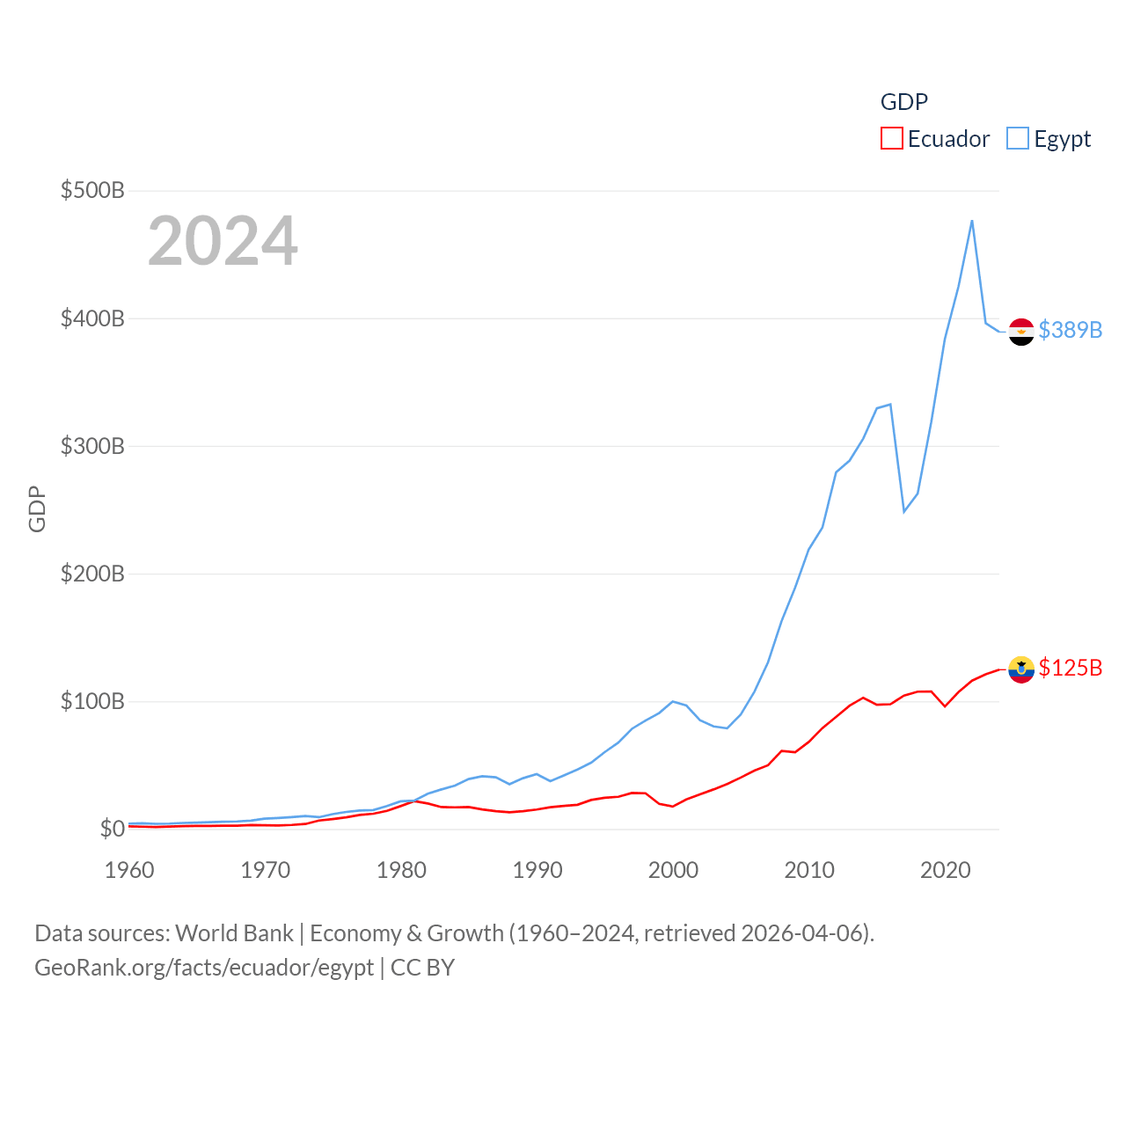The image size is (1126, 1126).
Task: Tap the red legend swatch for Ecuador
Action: (891, 139)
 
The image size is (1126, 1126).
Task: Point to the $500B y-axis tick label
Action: (92, 190)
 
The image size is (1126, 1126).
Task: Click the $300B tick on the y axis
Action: (92, 446)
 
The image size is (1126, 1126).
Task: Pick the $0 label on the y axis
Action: (112, 829)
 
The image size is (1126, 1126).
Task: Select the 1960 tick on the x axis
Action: (129, 870)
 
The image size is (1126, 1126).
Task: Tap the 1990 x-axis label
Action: (537, 870)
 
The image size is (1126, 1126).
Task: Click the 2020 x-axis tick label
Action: (946, 870)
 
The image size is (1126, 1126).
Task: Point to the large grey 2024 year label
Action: (223, 241)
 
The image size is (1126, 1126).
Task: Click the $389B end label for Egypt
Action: (1070, 330)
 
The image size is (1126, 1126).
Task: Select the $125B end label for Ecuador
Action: (1070, 668)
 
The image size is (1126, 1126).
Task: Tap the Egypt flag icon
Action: (1021, 332)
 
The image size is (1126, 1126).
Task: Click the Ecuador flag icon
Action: (1021, 669)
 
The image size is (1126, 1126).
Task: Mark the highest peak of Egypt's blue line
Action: (972, 221)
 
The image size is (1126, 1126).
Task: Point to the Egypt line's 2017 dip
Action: (904, 511)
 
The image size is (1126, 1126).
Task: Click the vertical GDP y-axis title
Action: (37, 508)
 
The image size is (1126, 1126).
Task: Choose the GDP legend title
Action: (904, 102)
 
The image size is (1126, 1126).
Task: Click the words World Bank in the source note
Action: (234, 933)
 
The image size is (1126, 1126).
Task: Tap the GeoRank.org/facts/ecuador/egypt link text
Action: (204, 968)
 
